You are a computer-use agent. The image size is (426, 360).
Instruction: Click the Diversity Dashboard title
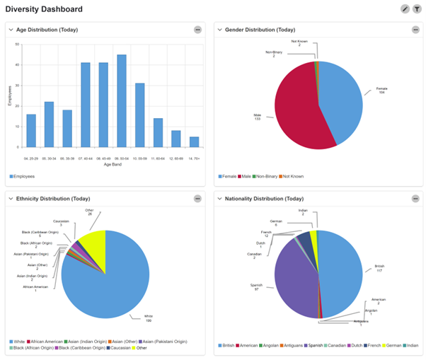(44, 9)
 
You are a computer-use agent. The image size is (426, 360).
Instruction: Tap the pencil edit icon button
(405, 9)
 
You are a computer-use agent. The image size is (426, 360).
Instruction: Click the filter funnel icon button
(417, 9)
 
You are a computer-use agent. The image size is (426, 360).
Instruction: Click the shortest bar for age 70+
(194, 141)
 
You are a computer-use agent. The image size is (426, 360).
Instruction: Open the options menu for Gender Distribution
(415, 30)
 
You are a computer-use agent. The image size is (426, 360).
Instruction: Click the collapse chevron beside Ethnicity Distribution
(11, 198)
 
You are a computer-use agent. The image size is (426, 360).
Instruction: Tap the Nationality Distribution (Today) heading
(260, 198)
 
